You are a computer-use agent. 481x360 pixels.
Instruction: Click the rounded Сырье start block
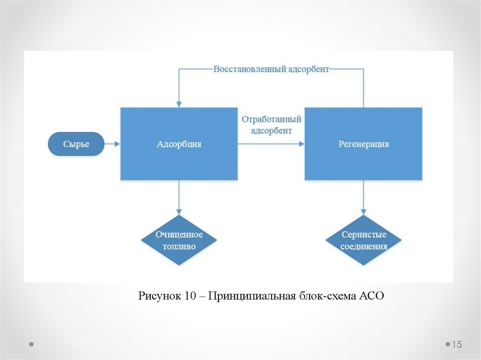coord(76,144)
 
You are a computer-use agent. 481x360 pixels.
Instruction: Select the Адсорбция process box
coord(179,144)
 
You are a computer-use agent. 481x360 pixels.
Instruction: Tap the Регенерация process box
coord(363,144)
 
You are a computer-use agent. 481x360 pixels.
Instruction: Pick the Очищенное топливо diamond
coord(179,240)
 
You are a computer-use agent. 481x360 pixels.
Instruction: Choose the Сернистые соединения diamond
coord(364,240)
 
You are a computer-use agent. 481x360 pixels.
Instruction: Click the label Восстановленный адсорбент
coord(271,69)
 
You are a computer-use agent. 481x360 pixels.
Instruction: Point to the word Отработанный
coord(272,119)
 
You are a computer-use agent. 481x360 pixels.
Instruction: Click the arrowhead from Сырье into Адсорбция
coord(117,144)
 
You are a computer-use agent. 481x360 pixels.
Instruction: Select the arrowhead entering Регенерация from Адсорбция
coord(302,144)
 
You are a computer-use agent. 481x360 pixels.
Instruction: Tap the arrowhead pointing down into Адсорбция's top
coord(179,104)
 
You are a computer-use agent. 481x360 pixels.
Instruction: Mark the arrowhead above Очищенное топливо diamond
coord(179,212)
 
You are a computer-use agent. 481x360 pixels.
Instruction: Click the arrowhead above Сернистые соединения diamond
coord(364,212)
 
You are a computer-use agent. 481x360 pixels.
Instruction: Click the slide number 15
coord(457,345)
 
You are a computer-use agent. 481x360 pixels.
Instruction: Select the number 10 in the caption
coord(190,296)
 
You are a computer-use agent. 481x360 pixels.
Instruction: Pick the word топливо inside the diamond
coord(179,246)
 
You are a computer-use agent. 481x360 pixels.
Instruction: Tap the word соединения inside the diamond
coord(364,246)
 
